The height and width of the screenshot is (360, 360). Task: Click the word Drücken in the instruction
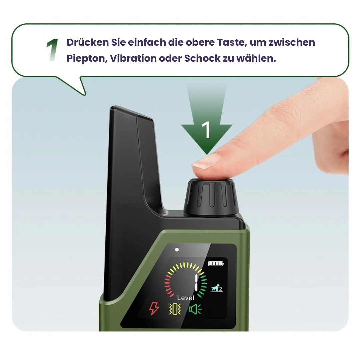(88, 42)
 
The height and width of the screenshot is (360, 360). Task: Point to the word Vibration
(133, 58)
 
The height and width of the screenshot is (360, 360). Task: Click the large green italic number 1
(52, 50)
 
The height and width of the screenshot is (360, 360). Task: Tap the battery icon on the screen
(216, 264)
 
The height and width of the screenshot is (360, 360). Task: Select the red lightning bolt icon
(154, 309)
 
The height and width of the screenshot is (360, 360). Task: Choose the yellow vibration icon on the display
(175, 309)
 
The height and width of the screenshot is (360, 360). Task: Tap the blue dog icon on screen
(217, 288)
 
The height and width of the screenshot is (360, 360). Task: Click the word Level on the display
(186, 298)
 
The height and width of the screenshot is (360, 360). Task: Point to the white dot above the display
(177, 250)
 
